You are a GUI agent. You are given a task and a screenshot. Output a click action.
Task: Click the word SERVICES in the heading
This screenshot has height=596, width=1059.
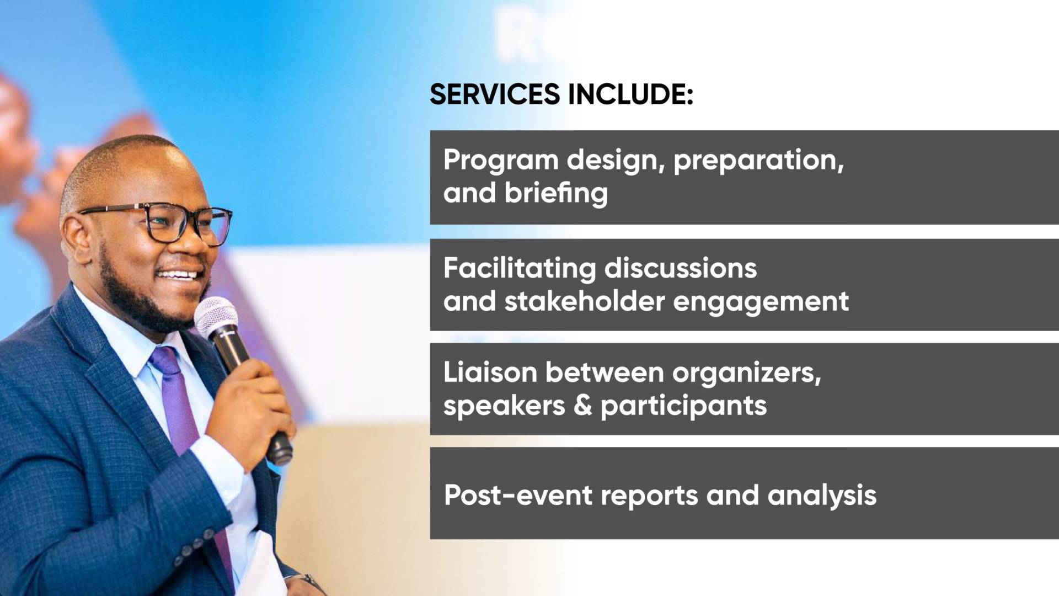[x=495, y=94]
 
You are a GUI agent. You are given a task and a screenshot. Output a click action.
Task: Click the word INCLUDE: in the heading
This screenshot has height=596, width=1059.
[x=630, y=94]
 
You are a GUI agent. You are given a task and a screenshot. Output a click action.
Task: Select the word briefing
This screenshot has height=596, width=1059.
[x=556, y=194]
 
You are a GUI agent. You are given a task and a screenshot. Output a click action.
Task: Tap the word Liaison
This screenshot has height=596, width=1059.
[x=490, y=372]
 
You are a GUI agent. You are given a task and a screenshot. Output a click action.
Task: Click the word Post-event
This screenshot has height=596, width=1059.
[x=518, y=495]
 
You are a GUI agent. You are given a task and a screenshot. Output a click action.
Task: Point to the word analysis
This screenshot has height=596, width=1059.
[x=822, y=496]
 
